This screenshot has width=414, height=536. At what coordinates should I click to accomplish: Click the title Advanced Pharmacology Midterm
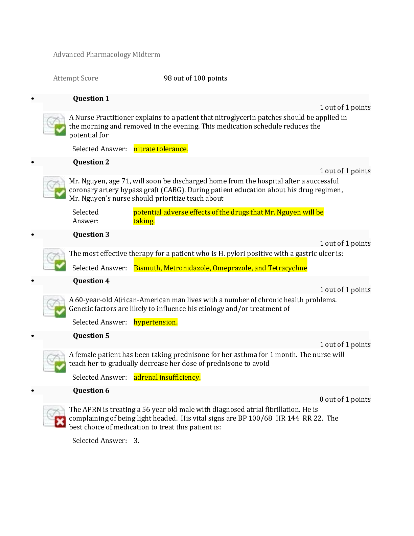click(107, 54)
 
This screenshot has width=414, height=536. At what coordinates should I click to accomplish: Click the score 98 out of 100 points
click(195, 78)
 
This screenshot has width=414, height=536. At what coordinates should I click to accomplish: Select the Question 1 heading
click(91, 98)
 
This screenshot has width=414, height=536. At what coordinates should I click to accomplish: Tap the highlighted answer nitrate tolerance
click(161, 149)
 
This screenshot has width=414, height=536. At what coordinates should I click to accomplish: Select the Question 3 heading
click(91, 234)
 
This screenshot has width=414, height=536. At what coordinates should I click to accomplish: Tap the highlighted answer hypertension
click(155, 322)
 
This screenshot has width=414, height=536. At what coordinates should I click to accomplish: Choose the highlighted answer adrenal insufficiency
click(167, 377)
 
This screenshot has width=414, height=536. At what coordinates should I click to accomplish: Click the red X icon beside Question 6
click(60, 422)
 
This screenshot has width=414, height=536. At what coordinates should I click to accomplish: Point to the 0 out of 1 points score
click(345, 399)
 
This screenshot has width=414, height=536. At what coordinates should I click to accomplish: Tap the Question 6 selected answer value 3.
click(136, 441)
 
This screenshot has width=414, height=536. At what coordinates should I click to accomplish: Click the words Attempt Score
click(75, 78)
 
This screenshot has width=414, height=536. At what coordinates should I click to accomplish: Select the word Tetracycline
click(287, 268)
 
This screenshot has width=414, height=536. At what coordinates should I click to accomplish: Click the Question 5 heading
click(91, 336)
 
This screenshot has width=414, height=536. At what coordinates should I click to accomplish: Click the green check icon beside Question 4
click(60, 311)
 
